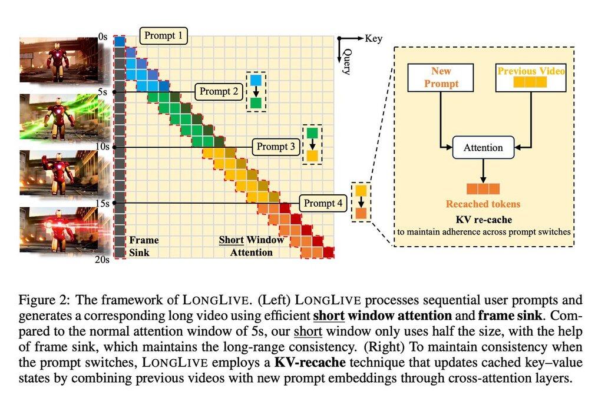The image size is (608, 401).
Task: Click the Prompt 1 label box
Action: [x=163, y=36]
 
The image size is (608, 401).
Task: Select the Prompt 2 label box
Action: [x=219, y=92]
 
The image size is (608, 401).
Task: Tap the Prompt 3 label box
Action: [x=276, y=147]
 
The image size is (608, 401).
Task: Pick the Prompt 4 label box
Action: [x=323, y=204]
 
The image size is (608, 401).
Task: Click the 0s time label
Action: [x=103, y=37]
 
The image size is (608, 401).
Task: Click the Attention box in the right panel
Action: [x=483, y=148]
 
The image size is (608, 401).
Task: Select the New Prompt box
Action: [x=441, y=78]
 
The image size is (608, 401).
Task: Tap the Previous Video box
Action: [x=531, y=78]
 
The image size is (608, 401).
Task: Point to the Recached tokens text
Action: [x=483, y=204]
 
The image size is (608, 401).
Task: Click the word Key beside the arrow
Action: [x=374, y=39]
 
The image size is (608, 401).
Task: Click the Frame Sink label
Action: [x=144, y=246]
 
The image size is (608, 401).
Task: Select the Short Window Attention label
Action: [x=251, y=246]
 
